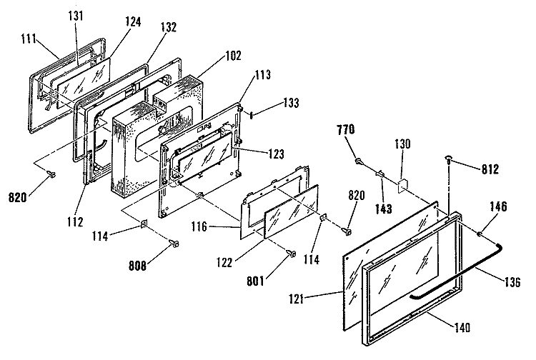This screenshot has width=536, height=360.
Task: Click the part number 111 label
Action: coord(29,39)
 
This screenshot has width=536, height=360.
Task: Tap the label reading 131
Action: coord(75,16)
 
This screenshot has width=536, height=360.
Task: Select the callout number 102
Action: coord(233,55)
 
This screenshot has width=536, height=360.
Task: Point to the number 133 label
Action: coord(291,102)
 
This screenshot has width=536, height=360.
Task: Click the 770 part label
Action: coord(346,129)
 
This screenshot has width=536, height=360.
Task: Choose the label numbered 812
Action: coord(490,169)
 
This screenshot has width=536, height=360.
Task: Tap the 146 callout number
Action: coord(498,206)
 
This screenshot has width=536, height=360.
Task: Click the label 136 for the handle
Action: coord(512,281)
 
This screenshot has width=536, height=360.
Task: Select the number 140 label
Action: coord(462,328)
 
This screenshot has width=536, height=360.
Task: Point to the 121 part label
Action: coord(296,299)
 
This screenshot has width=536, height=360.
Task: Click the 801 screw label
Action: coord(255,281)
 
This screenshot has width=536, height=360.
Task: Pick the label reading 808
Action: coord(137,266)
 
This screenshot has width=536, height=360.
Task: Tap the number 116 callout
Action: coord(199,226)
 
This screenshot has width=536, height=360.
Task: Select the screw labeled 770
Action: coord(359,160)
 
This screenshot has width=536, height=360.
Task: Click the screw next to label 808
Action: coord(175,244)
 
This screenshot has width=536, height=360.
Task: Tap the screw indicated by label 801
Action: coord(292,254)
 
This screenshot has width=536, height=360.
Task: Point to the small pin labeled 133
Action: coord(252,115)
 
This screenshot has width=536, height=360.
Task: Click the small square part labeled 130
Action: coord(402,186)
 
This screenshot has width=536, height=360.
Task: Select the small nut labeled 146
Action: coord(480,234)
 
